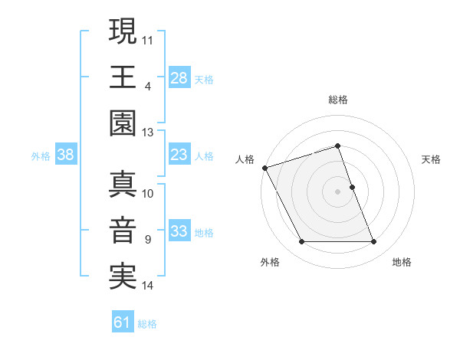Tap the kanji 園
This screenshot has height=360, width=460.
click(123, 123)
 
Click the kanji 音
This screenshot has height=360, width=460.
click(123, 231)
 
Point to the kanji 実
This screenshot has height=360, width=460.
click(123, 277)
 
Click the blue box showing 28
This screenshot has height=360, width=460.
click(179, 78)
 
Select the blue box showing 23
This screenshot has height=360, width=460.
click(179, 155)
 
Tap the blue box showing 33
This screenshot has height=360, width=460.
click(179, 232)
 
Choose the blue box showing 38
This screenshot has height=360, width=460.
click(66, 155)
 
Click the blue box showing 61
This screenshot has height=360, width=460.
click(123, 322)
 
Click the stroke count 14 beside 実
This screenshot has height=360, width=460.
click(148, 286)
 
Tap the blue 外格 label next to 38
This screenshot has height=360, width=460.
click(41, 156)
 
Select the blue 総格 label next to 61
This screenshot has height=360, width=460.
click(147, 323)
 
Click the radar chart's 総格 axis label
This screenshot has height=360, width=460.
click(337, 100)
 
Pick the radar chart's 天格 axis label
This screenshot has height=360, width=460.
click(432, 159)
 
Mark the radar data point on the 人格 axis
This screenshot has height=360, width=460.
click(264, 168)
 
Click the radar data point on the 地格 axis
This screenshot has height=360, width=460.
click(373, 242)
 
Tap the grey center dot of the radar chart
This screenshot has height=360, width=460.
click(337, 191)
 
